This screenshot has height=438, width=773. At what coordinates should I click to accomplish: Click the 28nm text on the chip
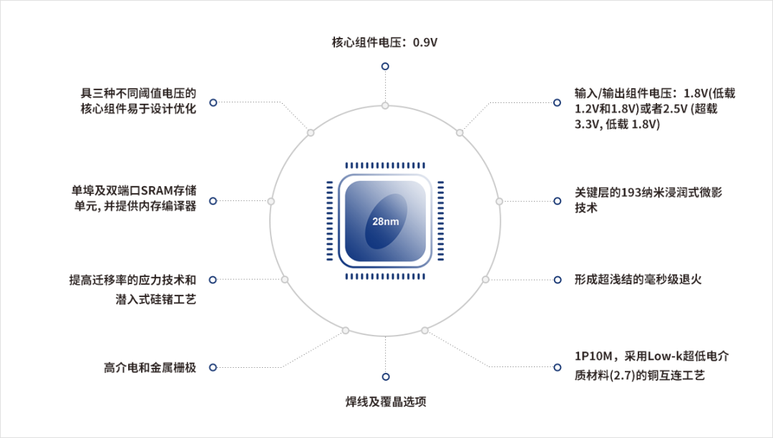pos(386,222)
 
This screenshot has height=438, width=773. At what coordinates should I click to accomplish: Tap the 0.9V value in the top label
pos(425,42)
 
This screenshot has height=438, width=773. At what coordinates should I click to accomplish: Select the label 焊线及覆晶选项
pos(386,401)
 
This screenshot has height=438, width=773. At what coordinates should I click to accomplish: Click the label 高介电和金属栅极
pos(150,368)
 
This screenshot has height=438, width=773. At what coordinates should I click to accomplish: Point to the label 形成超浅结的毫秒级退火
pos(638,280)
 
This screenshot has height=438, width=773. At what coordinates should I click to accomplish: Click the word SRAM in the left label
pos(156,190)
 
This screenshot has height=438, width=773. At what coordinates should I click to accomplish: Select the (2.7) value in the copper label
pos(623,376)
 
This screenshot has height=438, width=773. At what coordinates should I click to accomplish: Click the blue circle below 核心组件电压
pos(386,67)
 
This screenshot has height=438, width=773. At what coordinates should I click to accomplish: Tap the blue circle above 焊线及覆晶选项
pos(386,377)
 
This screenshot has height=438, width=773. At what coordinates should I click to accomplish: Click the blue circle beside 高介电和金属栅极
pos(213,368)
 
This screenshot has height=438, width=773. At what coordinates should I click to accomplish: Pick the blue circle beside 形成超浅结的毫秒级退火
pos(558,280)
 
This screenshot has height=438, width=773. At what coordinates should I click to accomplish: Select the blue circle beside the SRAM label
pos(213,201)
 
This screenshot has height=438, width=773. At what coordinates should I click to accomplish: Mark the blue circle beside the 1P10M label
pos(558,368)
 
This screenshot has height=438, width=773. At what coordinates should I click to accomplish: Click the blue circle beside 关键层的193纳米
pos(558,201)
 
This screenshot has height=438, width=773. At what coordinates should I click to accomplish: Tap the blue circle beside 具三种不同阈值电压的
pos(213,102)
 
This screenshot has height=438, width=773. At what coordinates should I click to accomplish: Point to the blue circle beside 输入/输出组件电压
pos(557,102)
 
